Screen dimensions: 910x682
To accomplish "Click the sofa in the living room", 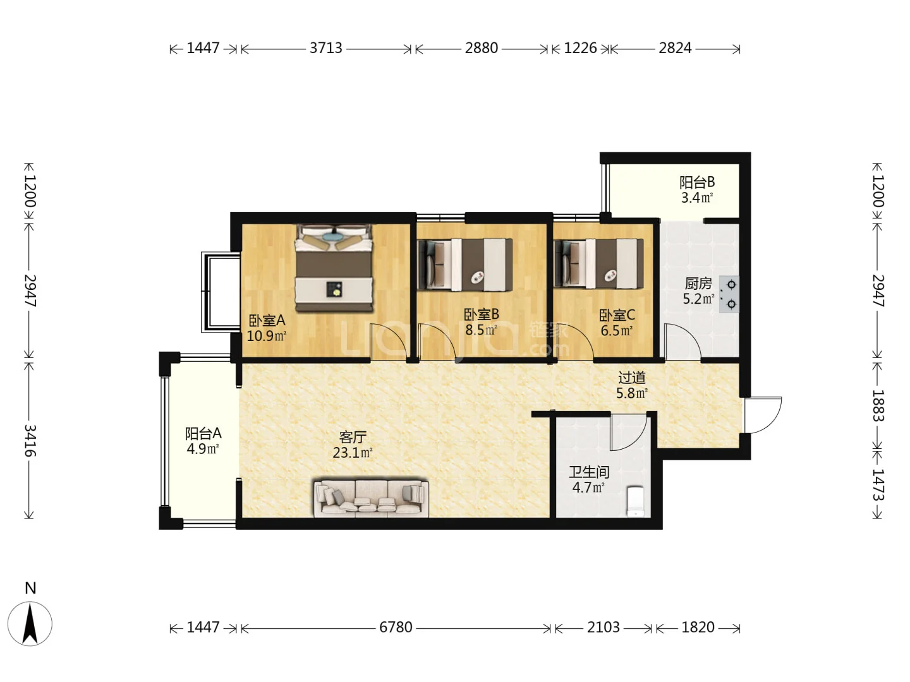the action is [371, 499].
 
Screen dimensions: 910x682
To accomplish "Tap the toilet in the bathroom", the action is [635, 501].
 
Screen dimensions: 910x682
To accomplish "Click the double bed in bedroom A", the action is [334, 268].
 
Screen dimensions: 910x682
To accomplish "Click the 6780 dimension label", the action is [396, 627].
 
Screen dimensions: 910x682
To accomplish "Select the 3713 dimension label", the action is [326, 48].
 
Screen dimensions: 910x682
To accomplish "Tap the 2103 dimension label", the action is [604, 627].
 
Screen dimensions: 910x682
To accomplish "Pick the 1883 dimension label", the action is [878, 405].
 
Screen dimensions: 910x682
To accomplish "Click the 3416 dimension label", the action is [30, 441].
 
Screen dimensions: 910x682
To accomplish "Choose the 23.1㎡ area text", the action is [353, 453].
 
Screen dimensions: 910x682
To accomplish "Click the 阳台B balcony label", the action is [697, 182].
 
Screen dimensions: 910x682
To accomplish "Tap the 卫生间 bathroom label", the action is [589, 472].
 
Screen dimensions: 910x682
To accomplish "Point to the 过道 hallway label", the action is [632, 378].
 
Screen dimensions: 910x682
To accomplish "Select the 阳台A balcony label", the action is [203, 434].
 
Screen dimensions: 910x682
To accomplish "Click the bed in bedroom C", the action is [598, 264].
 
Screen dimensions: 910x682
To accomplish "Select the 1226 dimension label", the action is [580, 48].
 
